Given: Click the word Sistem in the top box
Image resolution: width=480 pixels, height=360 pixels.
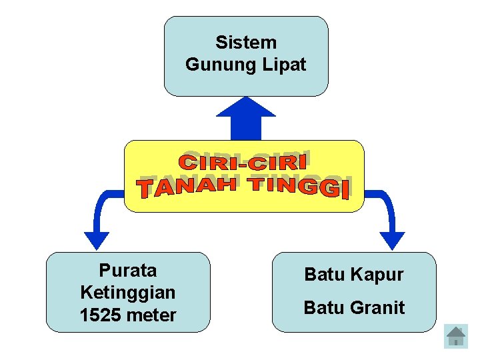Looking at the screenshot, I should point(246,43).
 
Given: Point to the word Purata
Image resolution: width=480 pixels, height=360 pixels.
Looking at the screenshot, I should point(128,271).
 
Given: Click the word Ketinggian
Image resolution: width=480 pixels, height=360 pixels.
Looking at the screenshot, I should point(128,293).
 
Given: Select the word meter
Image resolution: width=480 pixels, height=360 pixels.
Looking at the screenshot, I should point(153,315).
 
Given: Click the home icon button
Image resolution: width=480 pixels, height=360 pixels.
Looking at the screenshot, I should point(456,337).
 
